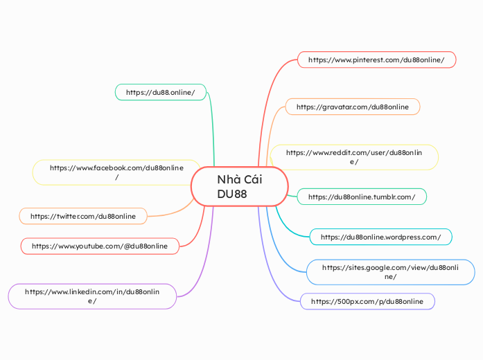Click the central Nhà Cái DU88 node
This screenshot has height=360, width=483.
[239, 186]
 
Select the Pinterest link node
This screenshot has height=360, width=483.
[376, 60]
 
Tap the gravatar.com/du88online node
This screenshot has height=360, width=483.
[353, 107]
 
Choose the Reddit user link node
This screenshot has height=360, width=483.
[354, 156]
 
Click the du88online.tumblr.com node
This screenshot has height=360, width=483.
[362, 197]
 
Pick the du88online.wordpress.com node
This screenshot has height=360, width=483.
[380, 237]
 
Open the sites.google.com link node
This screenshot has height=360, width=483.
[390, 271]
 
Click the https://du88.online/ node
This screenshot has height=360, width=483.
[161, 92]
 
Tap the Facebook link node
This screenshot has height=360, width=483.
[116, 172]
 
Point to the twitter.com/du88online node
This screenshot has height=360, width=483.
[83, 216]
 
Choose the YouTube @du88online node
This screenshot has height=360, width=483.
[100, 246]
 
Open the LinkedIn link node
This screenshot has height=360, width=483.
[92, 296]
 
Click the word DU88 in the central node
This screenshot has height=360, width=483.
[231, 194]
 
